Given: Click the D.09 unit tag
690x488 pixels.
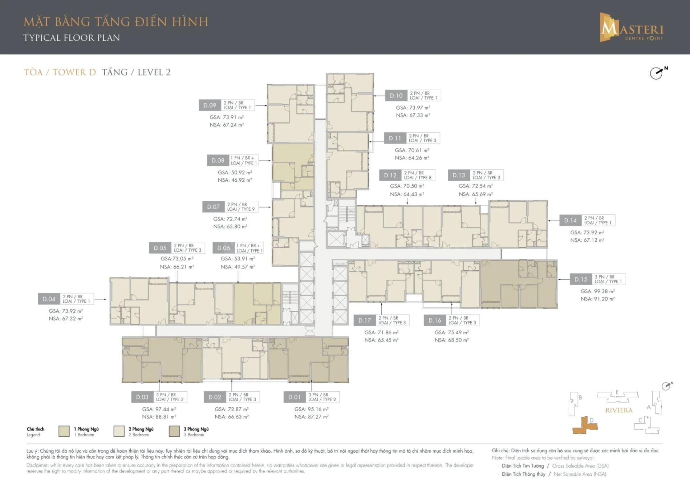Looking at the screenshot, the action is [x=210, y=105].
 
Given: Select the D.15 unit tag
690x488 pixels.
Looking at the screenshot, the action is [x=581, y=279].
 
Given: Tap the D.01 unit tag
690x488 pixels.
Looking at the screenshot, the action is [x=294, y=397].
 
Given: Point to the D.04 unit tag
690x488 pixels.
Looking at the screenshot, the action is [x=49, y=299].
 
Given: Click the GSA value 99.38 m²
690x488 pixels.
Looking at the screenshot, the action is [x=597, y=291].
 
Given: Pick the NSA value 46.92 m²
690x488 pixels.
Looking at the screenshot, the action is [x=235, y=180].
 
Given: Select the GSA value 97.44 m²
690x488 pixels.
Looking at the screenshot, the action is [x=159, y=409].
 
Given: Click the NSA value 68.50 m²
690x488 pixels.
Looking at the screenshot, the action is [x=451, y=340].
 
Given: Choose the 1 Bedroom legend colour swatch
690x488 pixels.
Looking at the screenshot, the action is [x=64, y=431].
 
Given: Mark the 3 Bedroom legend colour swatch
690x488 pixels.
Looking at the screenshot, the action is [x=174, y=431].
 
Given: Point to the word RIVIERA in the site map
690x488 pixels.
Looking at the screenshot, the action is [x=619, y=410].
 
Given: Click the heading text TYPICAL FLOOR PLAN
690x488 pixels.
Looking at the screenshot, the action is [x=72, y=38].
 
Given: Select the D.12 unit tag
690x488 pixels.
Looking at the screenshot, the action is [x=390, y=175].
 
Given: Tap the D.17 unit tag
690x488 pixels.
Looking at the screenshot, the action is [x=365, y=320].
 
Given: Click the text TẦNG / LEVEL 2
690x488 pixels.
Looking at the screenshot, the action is [x=136, y=72].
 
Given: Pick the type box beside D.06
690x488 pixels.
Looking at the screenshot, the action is [x=249, y=248].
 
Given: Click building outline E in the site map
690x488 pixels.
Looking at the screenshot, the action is [x=617, y=396].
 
